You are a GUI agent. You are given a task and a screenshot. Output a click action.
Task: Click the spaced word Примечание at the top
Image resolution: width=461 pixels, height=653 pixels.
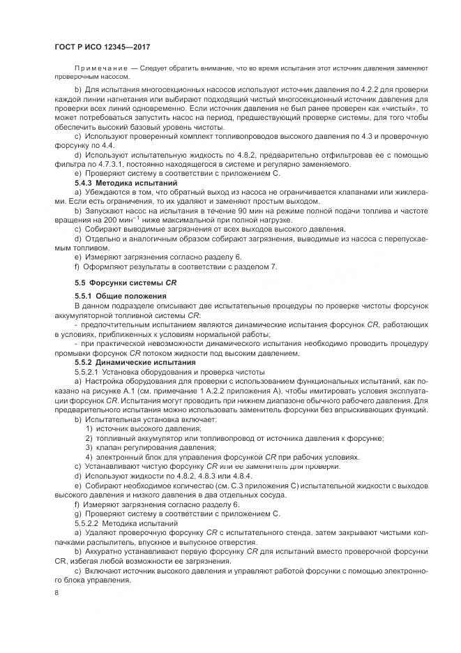100,68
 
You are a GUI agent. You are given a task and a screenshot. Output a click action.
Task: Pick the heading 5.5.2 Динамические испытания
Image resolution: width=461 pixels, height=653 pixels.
131,363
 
